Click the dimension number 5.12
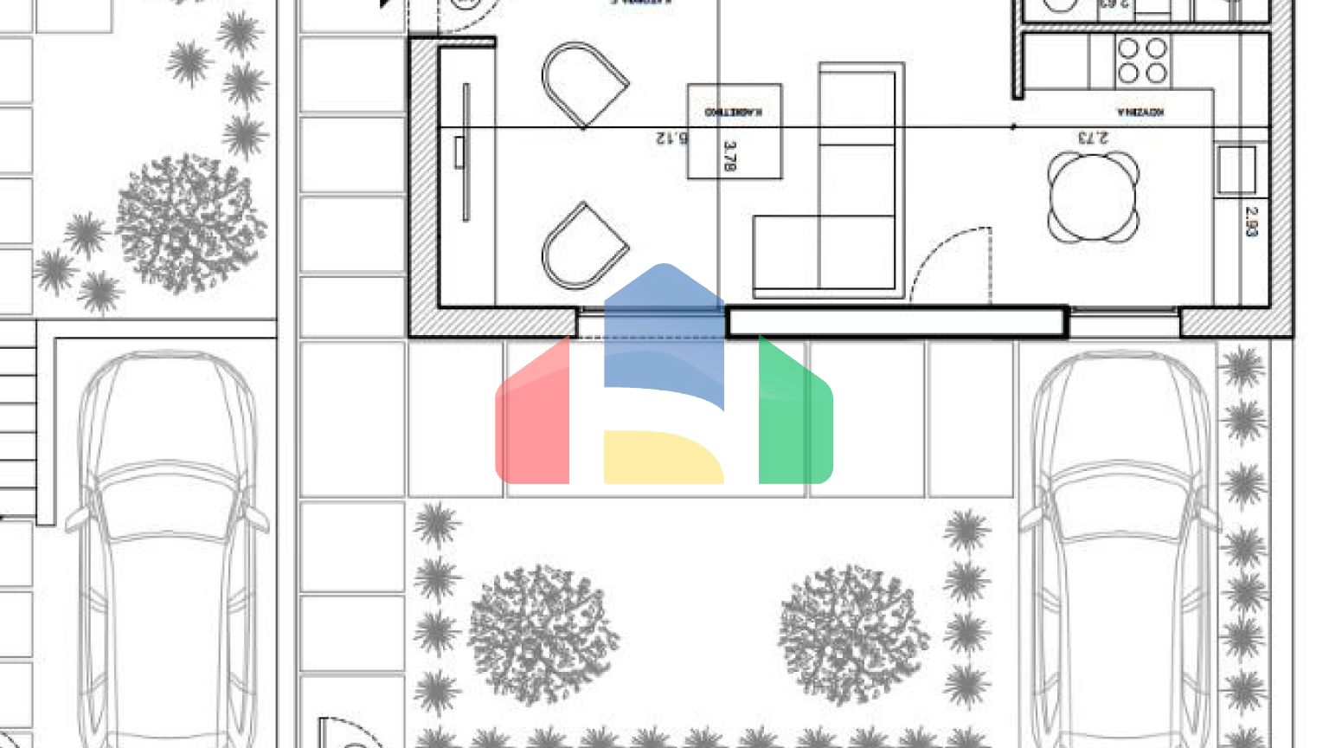[671, 138]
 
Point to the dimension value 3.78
[729, 156]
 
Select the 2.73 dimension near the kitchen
[1093, 138]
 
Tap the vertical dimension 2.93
[1250, 221]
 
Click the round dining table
[1093, 197]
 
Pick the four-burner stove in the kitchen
[1142, 61]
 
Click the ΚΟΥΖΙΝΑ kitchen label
[1140, 113]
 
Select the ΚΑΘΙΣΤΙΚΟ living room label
[733, 112]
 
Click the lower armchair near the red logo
[583, 248]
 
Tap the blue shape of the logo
[664, 333]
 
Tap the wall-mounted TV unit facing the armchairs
[465, 152]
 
